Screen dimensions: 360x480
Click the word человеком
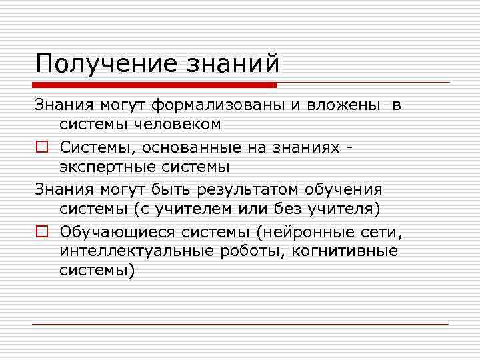tap(178, 124)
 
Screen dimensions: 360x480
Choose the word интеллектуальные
tap(133, 251)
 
